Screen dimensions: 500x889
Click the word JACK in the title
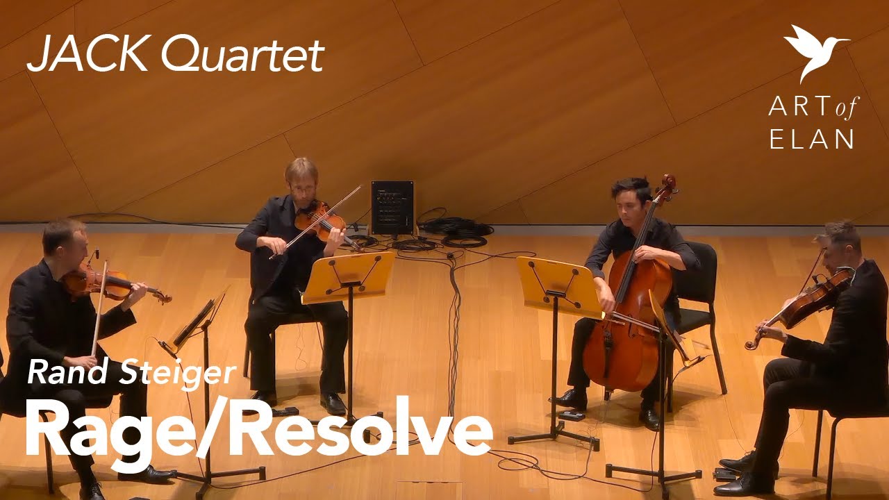[x=88, y=55]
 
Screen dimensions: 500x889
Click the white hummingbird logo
[x=813, y=50]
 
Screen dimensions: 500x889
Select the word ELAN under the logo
[x=811, y=139]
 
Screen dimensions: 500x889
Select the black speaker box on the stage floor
[x=392, y=207]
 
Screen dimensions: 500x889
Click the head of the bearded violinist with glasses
[x=301, y=176]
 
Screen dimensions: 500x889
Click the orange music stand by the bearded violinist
[x=348, y=276]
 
